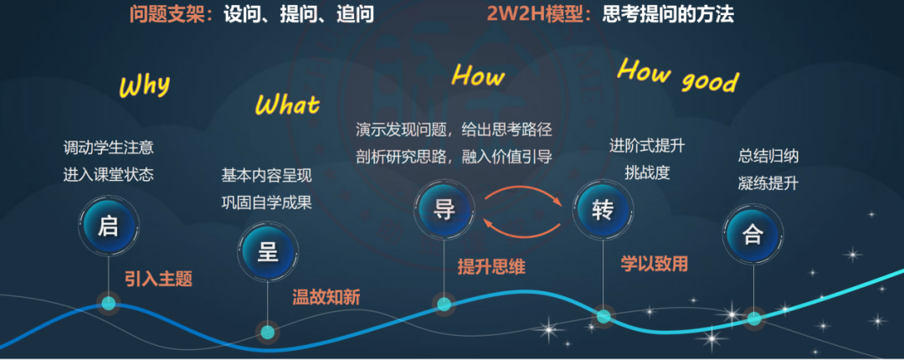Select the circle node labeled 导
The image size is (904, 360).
(444, 209)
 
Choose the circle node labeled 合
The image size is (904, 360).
(752, 234)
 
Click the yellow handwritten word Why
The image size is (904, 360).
(144, 85)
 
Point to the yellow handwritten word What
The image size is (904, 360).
(287, 105)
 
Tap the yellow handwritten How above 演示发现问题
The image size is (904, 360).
(478, 76)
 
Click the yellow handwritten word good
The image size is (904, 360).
(710, 81)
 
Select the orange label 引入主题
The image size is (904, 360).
(158, 279)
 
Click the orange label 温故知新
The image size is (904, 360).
(326, 296)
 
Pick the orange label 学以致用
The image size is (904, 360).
(654, 264)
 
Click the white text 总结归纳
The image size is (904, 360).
(768, 156)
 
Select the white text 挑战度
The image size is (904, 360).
(646, 173)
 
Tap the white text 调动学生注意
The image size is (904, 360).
(109, 148)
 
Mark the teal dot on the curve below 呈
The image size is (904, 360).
(267, 332)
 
